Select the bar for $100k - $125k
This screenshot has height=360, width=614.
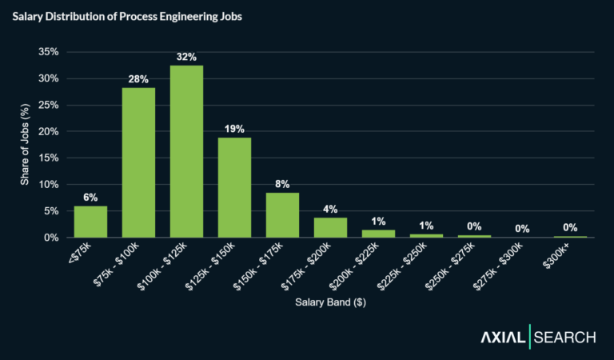[x=186, y=152]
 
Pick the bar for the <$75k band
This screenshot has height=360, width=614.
[x=90, y=222]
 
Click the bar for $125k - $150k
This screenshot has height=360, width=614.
[x=234, y=187]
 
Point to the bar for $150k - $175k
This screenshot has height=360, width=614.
[x=282, y=215]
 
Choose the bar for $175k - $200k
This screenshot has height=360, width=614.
[x=330, y=227]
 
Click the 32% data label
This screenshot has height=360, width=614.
[x=186, y=57]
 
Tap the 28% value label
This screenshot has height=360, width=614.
[x=138, y=78]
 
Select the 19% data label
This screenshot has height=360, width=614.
[x=234, y=128]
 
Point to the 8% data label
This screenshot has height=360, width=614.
[x=282, y=183]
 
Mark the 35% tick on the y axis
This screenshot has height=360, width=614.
[x=49, y=52]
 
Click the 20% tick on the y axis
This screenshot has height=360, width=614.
[x=49, y=131]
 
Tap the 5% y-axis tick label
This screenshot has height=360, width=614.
[x=51, y=211]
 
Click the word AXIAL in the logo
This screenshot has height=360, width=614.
[x=501, y=338]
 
